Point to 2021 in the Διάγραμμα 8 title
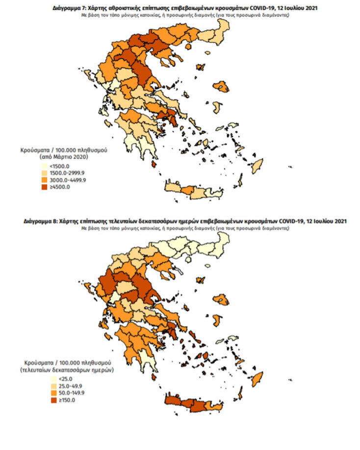pos(339,222)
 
